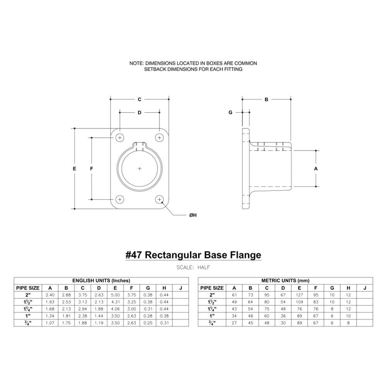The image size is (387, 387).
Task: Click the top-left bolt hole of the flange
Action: (x=120, y=138)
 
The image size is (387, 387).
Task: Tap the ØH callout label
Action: (x=193, y=215)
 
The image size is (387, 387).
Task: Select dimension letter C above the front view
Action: (x=140, y=99)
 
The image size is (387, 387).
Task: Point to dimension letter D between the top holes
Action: (x=140, y=113)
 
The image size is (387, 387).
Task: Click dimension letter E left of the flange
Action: (x=74, y=169)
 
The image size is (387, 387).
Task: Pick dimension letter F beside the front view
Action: (x=92, y=169)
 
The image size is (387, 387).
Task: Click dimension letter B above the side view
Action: (x=266, y=99)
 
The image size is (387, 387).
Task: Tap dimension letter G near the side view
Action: (x=231, y=113)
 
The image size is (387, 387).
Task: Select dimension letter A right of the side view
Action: (x=316, y=169)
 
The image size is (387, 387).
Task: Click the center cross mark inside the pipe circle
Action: (x=140, y=169)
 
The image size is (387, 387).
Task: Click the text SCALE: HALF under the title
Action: (x=193, y=267)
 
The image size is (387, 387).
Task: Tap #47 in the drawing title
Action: (x=134, y=255)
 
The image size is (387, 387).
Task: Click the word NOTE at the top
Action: (x=136, y=63)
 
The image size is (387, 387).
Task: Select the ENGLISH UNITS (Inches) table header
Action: (x=101, y=281)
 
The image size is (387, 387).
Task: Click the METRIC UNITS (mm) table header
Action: (x=285, y=281)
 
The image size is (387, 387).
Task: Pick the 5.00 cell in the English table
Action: (x=115, y=295)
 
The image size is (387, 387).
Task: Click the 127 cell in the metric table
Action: (x=300, y=295)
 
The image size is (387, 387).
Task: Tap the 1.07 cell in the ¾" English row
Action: (x=50, y=323)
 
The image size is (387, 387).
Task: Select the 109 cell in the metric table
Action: (x=300, y=302)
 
